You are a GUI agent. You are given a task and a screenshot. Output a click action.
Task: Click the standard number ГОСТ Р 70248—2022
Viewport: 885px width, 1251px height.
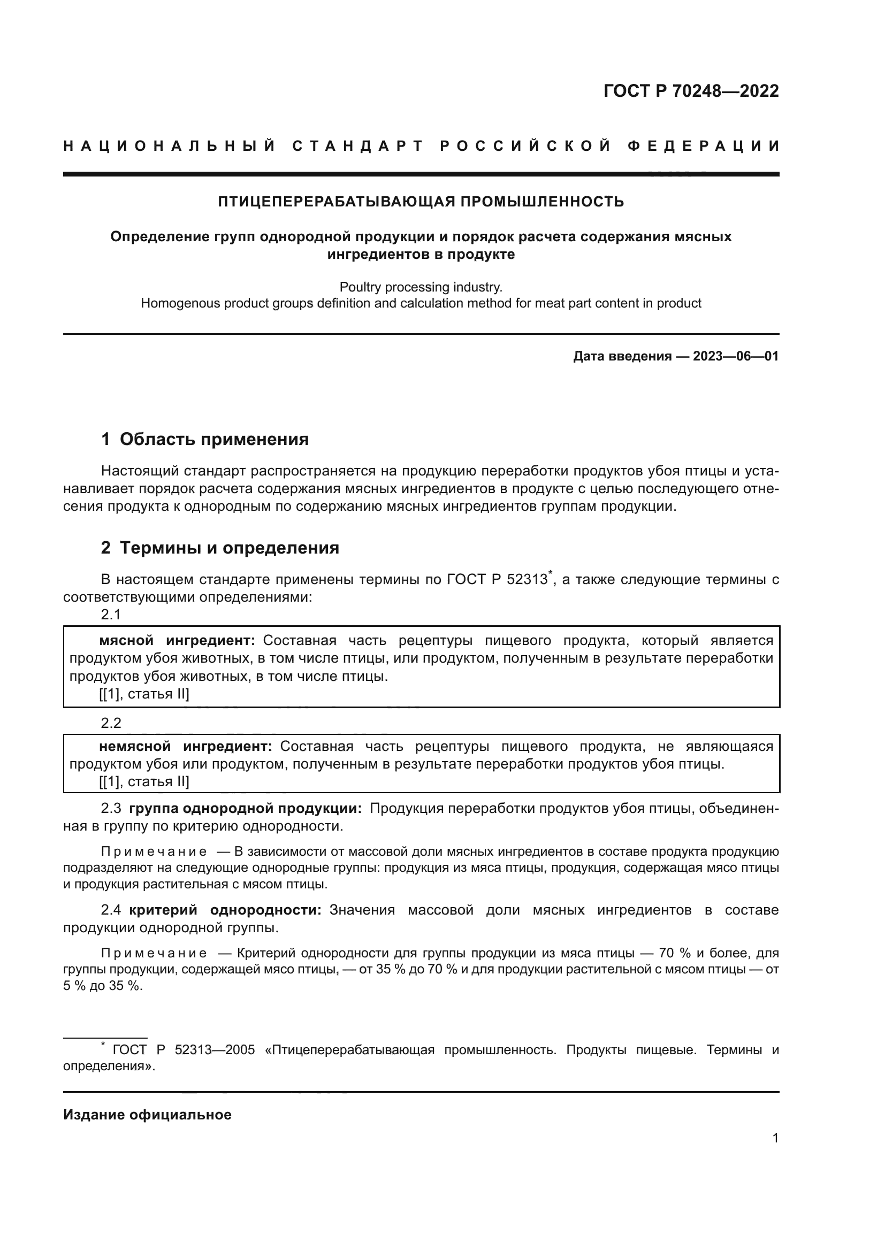click(691, 91)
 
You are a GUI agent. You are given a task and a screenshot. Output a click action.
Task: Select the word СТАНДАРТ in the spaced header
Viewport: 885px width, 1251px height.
click(358, 146)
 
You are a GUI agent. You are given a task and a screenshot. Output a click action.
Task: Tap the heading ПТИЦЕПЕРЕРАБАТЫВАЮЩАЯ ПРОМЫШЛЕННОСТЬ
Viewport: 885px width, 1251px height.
click(421, 202)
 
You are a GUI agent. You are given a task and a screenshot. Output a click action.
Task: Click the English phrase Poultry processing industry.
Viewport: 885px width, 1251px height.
click(421, 287)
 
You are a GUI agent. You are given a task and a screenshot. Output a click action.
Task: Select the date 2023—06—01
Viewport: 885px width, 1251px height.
click(736, 356)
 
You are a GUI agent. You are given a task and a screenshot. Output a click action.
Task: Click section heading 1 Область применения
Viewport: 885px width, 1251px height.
click(205, 439)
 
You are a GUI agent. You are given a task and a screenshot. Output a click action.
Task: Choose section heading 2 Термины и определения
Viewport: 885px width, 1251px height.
click(220, 548)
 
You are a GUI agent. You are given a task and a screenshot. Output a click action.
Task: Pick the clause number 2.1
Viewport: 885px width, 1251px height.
click(111, 615)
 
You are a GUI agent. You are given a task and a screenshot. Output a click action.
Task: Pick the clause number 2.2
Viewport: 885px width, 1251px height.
click(111, 723)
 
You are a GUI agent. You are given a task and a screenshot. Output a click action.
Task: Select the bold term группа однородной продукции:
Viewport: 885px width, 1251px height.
click(245, 809)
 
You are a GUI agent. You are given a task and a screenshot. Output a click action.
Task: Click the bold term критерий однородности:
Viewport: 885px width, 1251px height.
click(225, 910)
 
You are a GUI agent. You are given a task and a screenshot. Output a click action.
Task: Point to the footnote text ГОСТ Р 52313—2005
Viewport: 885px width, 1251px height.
click(184, 1050)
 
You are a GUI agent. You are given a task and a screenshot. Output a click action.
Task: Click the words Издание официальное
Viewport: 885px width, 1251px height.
click(147, 1115)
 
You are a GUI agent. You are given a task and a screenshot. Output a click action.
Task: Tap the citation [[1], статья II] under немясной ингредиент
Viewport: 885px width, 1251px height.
click(144, 782)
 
